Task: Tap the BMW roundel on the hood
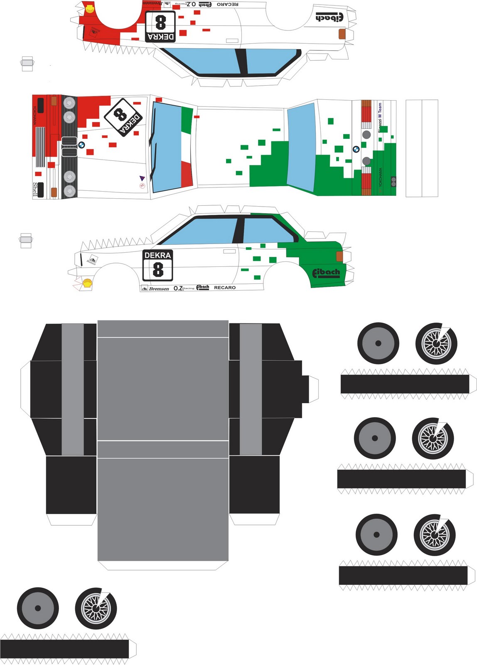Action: [81, 145]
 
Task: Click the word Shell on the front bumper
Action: [35, 189]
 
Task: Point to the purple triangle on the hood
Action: [142, 178]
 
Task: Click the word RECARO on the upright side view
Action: [224, 288]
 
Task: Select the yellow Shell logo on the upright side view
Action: [87, 283]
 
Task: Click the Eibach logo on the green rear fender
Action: [326, 273]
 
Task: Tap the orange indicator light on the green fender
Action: [339, 256]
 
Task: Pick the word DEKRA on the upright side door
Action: [157, 255]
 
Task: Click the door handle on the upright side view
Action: [229, 251]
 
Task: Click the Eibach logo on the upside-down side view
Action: [329, 17]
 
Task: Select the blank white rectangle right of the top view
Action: [422, 148]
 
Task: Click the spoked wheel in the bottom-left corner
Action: [96, 608]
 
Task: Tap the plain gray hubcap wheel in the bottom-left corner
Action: [38, 608]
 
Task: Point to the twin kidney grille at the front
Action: [69, 147]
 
